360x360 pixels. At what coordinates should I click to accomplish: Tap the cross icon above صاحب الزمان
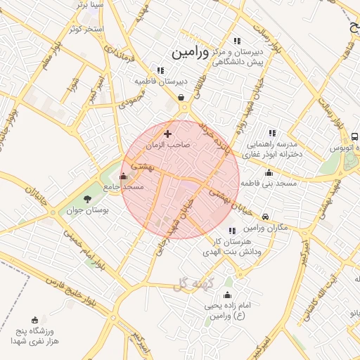point(167,134)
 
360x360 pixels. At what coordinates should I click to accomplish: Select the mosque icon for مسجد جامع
point(124,176)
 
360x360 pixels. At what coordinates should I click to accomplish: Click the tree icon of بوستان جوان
point(87,199)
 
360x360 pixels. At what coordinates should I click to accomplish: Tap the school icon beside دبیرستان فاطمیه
point(161,70)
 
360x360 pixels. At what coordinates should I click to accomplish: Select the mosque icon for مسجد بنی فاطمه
point(269,172)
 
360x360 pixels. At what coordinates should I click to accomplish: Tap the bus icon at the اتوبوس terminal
point(354,136)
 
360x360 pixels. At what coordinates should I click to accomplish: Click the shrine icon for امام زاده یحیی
point(227,295)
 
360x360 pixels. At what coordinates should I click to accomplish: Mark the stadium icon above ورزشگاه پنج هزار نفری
point(35,320)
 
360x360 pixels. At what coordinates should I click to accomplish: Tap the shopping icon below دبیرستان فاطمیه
point(181,97)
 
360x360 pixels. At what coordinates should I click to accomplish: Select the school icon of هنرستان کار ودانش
point(231,230)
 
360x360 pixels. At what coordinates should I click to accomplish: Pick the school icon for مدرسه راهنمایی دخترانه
point(272,132)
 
